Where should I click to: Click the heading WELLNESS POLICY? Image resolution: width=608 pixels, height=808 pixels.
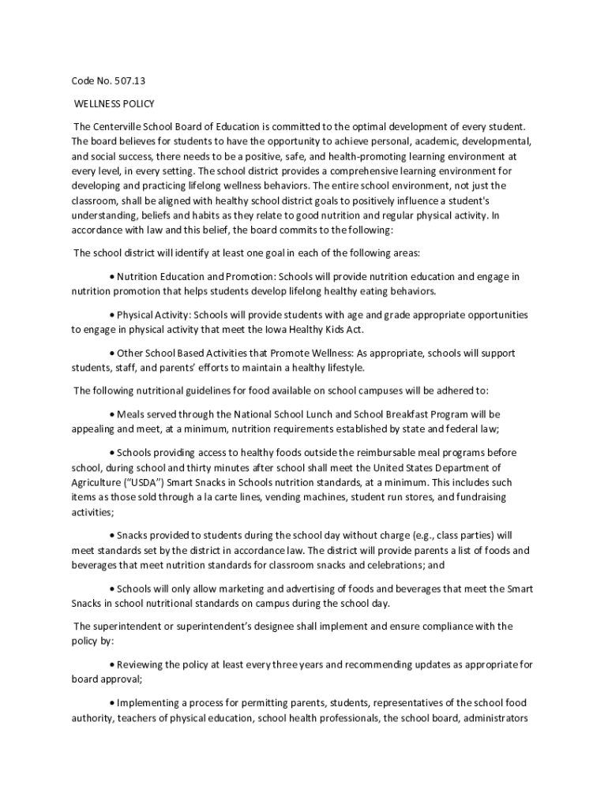point(114,103)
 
